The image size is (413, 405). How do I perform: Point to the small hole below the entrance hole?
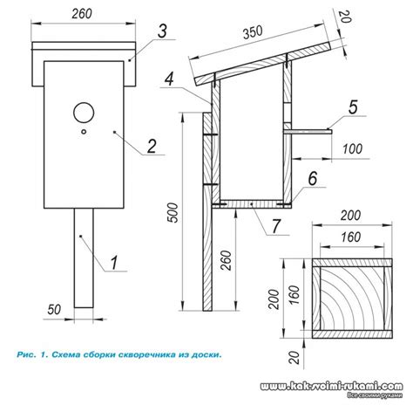84,132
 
